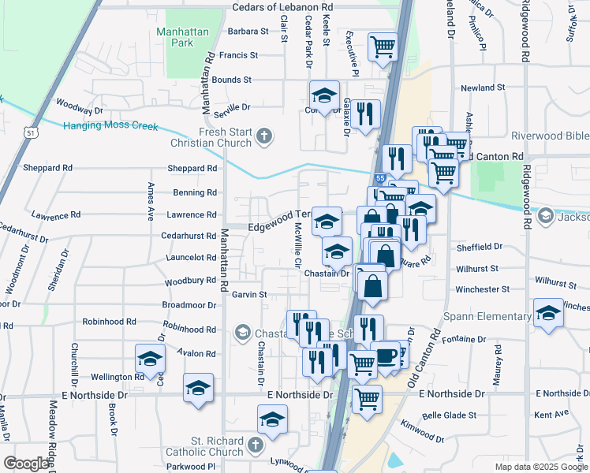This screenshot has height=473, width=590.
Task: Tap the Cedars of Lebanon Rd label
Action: [x=282, y=6]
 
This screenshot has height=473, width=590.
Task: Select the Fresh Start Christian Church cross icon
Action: [x=264, y=137]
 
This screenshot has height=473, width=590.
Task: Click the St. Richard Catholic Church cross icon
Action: [x=254, y=445]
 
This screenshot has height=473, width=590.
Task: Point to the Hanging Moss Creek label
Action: [x=111, y=126]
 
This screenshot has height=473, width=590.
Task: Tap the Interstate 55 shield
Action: [x=380, y=180]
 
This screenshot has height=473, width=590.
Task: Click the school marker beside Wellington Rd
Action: [x=150, y=359]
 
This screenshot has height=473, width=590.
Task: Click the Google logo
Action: [x=26, y=464]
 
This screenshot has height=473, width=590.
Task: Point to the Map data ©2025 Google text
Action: [x=540, y=467]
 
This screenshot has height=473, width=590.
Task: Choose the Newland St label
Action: [x=483, y=88]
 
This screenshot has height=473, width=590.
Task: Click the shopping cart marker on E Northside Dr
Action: [x=367, y=399]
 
